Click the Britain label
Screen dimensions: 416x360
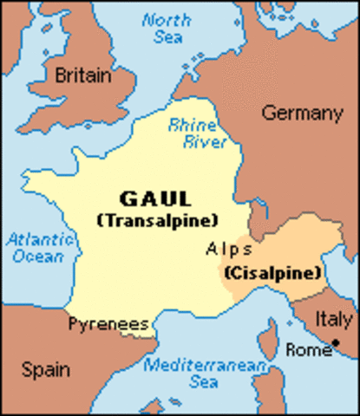(83, 76)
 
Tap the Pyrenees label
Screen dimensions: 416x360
(109, 324)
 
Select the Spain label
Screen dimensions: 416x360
(47, 370)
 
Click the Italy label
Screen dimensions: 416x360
(333, 318)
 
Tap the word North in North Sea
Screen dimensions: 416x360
(167, 20)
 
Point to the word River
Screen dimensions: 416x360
(199, 142)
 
